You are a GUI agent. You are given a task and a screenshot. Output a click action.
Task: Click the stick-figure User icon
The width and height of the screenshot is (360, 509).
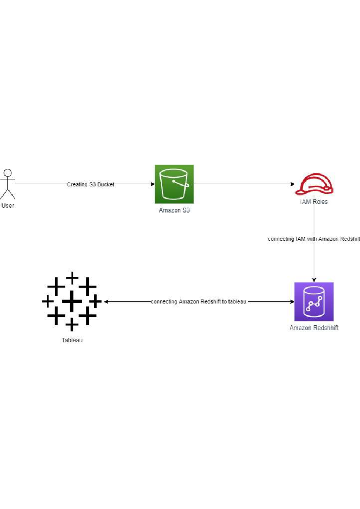coord(7,184)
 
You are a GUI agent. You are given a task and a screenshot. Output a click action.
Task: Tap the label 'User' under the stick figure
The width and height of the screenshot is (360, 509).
coord(7,206)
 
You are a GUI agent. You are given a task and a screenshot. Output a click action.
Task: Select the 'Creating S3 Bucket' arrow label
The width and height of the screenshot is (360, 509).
coord(90,184)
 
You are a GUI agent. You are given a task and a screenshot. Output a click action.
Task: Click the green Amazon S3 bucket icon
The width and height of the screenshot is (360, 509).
coord(174,184)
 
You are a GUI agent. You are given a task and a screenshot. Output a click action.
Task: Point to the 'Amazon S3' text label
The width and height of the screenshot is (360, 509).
coord(174,210)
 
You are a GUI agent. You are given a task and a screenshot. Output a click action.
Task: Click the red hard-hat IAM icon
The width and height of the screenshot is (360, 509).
coord(314,183)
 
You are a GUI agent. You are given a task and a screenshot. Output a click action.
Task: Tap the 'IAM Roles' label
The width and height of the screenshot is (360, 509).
coord(314,202)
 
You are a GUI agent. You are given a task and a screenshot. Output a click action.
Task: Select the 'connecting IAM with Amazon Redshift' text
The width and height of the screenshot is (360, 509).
coord(313,239)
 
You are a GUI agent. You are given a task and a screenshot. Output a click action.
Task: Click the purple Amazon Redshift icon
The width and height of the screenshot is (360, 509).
coord(314,301)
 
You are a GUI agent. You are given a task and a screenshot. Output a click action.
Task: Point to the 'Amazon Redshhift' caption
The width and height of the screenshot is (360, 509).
coord(314,328)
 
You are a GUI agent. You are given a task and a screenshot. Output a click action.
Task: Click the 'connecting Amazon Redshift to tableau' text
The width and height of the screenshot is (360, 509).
coord(198,302)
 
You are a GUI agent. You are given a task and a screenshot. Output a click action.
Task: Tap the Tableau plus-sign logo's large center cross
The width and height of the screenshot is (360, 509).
coord(72,301)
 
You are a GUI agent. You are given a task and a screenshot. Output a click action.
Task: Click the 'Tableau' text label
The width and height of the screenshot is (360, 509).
coord(72,340)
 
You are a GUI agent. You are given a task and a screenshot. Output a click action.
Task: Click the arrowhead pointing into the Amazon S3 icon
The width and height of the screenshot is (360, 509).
coord(153,184)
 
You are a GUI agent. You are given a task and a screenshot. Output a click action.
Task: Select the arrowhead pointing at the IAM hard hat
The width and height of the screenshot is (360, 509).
coord(292,184)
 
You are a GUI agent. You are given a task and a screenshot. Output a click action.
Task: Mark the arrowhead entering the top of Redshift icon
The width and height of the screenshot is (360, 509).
coord(314,280)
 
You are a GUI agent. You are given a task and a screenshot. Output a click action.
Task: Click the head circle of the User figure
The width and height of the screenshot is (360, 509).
coord(7,173)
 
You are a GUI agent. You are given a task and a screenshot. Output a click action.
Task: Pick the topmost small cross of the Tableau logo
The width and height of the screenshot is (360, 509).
coord(72,278)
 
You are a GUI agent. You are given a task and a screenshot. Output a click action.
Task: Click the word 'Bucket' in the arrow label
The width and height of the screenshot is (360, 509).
coord(106,184)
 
